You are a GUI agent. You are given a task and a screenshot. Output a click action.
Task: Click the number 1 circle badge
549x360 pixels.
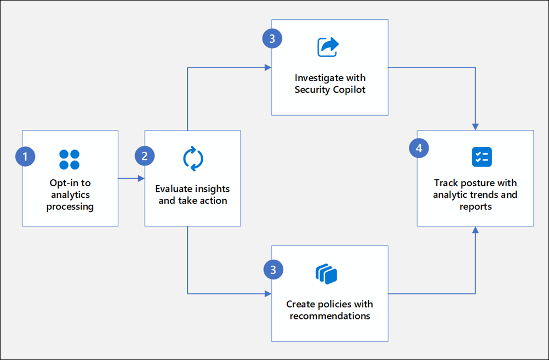tap(25, 157)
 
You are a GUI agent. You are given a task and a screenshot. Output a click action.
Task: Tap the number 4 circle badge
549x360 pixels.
tap(419, 148)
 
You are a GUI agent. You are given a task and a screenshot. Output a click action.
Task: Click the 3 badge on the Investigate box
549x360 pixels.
tap(272, 38)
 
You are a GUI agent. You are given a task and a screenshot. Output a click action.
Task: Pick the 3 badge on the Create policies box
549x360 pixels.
tap(273, 268)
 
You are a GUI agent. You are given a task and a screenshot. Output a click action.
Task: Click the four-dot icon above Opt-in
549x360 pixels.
tap(70, 159)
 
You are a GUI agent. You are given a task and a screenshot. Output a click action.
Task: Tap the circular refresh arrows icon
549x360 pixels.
tap(193, 159)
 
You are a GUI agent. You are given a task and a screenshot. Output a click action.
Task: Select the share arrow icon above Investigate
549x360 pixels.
tap(328, 47)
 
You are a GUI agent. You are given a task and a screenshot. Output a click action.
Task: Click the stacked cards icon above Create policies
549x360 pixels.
tap(327, 274)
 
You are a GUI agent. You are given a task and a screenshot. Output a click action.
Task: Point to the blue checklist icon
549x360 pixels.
tap(482, 157)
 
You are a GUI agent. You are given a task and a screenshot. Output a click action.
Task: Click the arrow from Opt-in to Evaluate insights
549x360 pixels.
tap(131, 178)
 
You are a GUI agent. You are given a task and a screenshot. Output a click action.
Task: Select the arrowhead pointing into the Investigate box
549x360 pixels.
tap(268, 67)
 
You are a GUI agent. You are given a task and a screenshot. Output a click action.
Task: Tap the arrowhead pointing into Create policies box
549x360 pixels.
tap(268, 294)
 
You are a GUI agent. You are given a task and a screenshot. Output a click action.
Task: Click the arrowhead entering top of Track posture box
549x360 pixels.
tap(475, 127)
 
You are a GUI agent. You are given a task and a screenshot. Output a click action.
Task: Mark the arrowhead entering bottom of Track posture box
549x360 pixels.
tap(475, 230)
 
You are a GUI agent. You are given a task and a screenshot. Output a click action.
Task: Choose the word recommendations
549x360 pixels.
tap(330, 316)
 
